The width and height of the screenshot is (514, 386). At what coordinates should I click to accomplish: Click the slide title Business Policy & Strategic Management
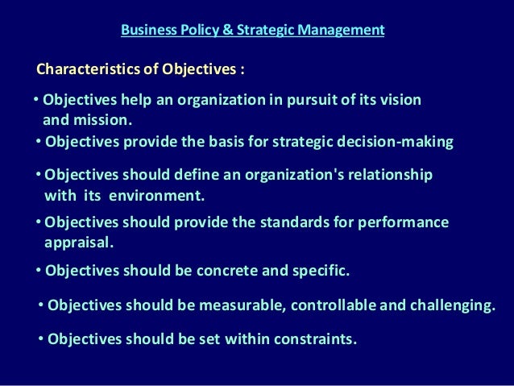[x=252, y=31]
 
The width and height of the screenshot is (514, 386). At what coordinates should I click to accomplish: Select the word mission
[x=102, y=121]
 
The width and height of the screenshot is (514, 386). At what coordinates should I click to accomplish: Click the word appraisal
[x=79, y=241]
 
